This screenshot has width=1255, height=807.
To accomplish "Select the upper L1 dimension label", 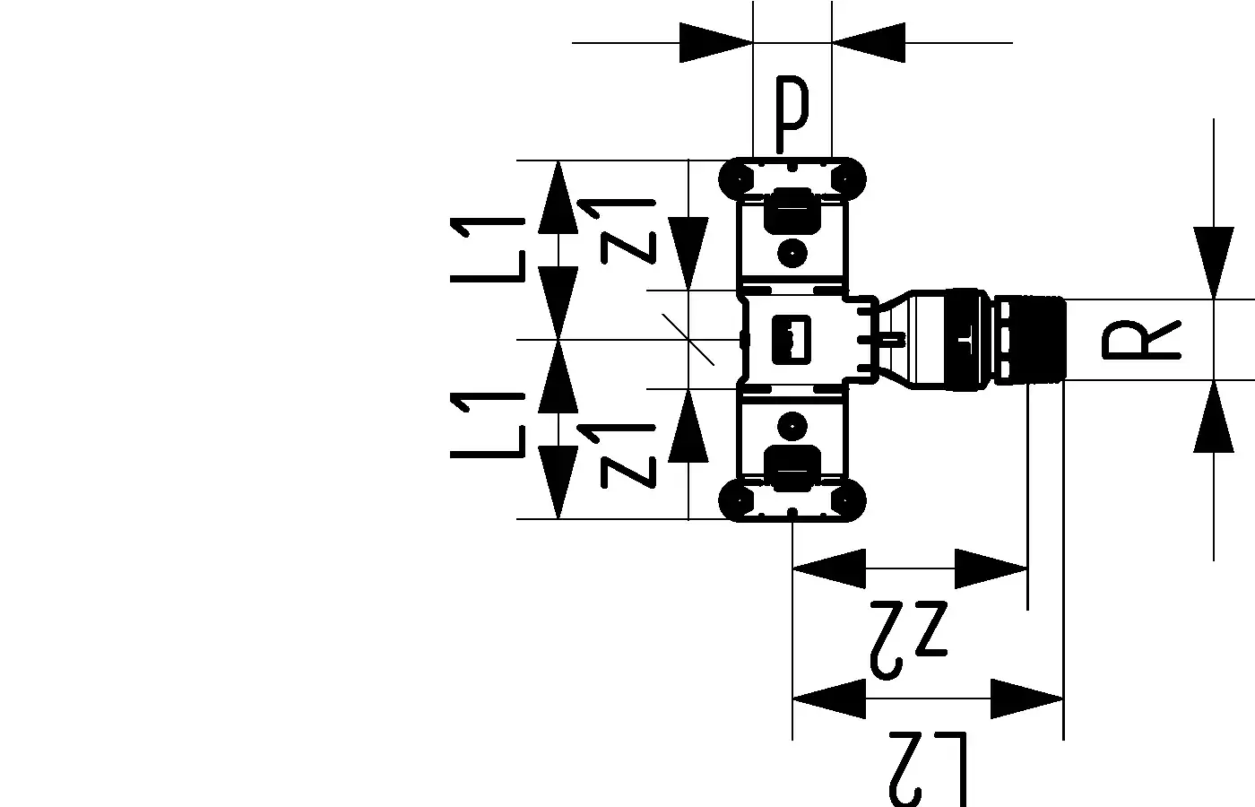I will click(x=488, y=249).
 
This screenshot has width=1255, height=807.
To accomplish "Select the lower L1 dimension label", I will click(x=488, y=425).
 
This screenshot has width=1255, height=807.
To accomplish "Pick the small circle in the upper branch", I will click(x=792, y=253).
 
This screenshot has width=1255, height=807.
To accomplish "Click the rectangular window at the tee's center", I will click(x=792, y=340).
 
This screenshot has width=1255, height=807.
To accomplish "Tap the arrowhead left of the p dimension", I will click(x=715, y=42).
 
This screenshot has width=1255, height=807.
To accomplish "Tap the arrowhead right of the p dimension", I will click(x=869, y=42).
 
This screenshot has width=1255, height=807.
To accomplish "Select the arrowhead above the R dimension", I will click(x=1213, y=262).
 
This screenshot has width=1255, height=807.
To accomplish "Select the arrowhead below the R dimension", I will click(x=1213, y=416).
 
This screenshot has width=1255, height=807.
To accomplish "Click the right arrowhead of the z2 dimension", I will click(x=991, y=568).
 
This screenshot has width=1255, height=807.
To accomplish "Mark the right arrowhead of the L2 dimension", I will click(x=1027, y=698).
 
